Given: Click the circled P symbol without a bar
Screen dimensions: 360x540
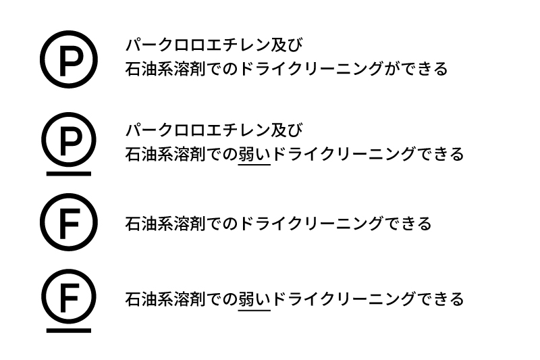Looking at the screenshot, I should tap(68, 60).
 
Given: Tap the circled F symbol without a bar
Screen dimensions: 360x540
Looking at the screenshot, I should tap(68, 222).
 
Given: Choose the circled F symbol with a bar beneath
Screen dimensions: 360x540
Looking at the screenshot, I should tap(68, 297).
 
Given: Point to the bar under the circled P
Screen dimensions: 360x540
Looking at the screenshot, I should tap(68, 173).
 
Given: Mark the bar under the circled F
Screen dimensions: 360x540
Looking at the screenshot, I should tap(68, 330).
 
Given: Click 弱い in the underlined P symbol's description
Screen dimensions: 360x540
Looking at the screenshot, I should tap(254, 154).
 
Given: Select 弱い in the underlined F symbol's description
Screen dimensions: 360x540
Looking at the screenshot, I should tap(254, 299).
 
